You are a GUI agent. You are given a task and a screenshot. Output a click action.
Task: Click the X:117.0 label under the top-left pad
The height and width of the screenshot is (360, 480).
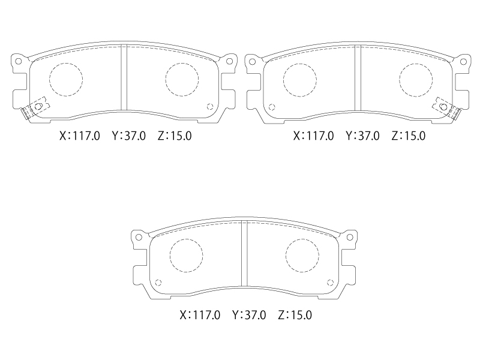click(x=80, y=136)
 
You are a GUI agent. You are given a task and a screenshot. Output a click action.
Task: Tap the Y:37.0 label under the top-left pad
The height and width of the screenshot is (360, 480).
click(x=129, y=136)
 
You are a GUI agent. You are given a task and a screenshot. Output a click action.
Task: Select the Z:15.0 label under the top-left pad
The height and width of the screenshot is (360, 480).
click(x=175, y=136)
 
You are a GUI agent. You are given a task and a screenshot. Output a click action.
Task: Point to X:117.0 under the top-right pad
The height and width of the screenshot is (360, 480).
click(x=313, y=136)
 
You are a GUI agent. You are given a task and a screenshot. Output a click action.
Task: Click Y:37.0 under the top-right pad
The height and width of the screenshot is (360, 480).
click(x=363, y=136)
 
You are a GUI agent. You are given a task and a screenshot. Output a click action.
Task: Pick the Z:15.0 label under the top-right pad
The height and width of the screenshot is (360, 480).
click(x=409, y=136)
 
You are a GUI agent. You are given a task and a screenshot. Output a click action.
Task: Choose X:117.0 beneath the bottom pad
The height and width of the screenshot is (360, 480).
click(x=200, y=315)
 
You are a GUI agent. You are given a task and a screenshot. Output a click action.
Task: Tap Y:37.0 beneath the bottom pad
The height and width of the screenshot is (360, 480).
click(x=249, y=315)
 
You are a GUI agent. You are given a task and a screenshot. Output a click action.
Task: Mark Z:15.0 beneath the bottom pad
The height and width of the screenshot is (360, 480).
click(x=295, y=315)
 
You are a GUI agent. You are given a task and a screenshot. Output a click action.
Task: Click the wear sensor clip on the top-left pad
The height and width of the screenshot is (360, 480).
click(x=34, y=109)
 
